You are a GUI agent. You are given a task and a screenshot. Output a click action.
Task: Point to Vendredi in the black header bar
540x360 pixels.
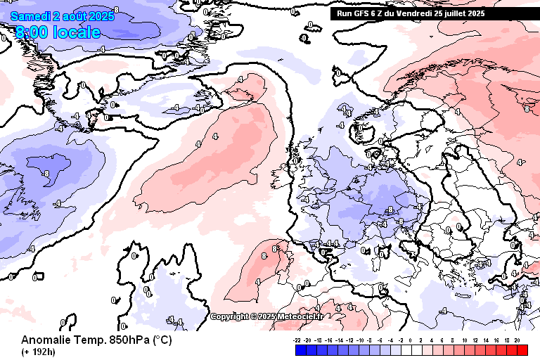click(417, 13)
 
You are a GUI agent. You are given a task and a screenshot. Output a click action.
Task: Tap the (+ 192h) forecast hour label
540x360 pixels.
click(38, 352)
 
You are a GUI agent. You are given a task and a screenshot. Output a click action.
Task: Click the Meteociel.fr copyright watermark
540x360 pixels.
click(267, 316)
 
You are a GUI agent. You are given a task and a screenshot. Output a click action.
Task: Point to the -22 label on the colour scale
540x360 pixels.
click(297, 339)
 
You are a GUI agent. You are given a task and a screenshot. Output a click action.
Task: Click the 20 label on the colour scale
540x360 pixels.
click(517, 339)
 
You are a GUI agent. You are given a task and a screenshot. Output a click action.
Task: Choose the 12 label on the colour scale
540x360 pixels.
click(475, 339)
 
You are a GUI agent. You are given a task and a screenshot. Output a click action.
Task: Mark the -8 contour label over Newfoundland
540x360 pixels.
click(45, 173)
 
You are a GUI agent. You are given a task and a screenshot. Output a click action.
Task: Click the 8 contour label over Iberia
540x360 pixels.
click(264, 257)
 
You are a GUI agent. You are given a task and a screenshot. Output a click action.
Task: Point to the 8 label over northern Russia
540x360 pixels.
click(526, 108)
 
